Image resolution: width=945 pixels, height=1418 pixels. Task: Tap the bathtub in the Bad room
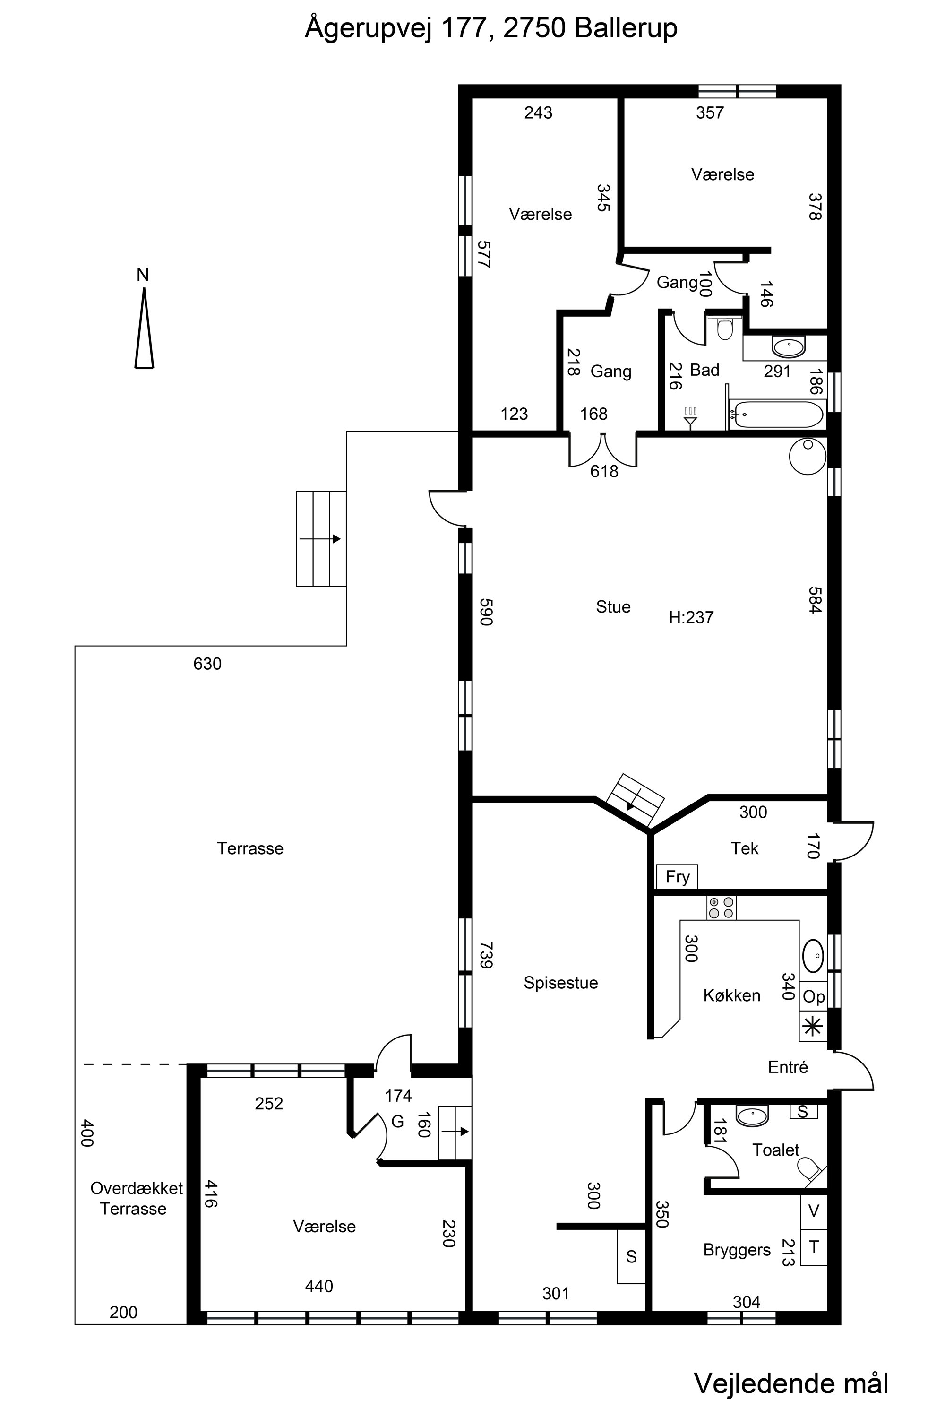click(x=776, y=415)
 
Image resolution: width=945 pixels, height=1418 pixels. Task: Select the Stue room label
click(x=613, y=606)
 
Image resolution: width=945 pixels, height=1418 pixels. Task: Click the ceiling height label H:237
click(x=691, y=617)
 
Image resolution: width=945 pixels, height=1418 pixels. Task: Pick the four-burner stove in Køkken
click(x=722, y=908)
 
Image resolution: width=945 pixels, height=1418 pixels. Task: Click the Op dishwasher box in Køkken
click(x=814, y=996)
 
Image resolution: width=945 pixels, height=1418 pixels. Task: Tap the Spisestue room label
click(x=560, y=983)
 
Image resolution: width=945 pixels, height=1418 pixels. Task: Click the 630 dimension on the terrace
click(x=207, y=664)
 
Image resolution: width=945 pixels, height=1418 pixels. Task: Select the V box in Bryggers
click(x=814, y=1211)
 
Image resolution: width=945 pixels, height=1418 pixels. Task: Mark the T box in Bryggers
click(x=814, y=1247)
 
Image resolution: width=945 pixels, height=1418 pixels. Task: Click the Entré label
click(x=788, y=1067)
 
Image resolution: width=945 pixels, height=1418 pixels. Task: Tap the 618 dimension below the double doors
click(x=604, y=471)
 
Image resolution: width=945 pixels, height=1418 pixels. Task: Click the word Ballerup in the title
click(x=626, y=28)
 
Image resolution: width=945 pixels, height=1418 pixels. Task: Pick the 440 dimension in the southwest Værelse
click(x=319, y=1287)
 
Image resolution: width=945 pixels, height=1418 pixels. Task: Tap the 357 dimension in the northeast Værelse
click(x=710, y=113)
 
